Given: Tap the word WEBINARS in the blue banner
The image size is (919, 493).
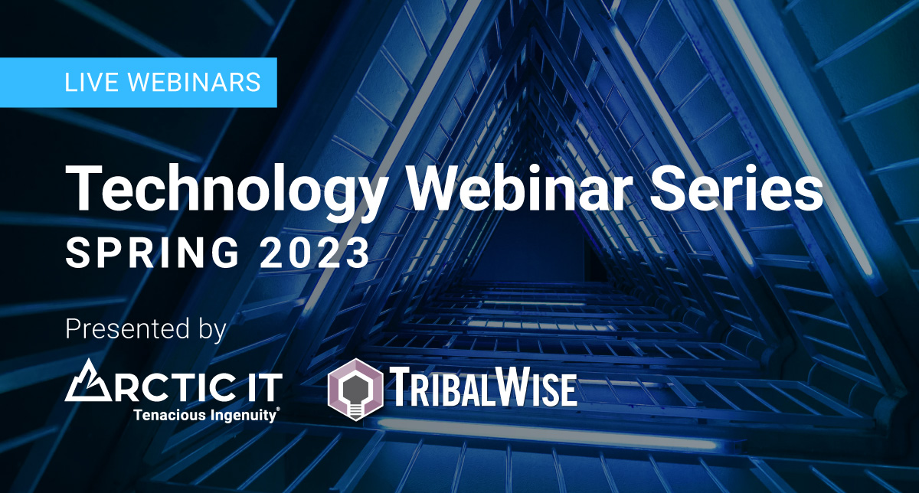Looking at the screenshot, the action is pos(195,82).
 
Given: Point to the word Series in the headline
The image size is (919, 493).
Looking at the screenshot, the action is pos(736,188).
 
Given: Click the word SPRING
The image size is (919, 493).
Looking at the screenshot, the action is pos(152,253).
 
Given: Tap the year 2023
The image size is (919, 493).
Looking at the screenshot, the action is pos(315,253).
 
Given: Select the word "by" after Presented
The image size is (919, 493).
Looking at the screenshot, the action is pos(213,330).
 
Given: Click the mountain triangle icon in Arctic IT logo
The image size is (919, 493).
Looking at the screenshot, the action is pos(88,380).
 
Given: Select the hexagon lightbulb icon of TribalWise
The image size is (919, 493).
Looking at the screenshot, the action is pos(355,390).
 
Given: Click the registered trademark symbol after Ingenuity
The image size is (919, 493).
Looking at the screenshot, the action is pos(279,410).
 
